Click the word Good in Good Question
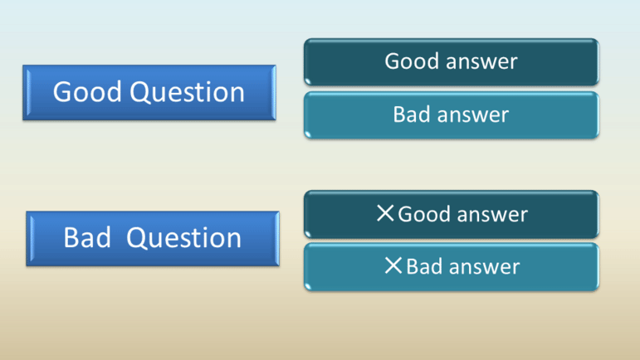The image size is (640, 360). (87, 91)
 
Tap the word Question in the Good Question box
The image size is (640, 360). (188, 92)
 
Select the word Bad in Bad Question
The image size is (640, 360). (87, 237)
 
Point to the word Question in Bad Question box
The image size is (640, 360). (183, 238)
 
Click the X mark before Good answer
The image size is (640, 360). (385, 213)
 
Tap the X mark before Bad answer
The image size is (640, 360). (393, 265)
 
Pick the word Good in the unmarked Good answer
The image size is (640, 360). (412, 61)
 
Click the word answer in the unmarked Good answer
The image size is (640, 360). (481, 62)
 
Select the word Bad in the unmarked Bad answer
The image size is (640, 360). (412, 114)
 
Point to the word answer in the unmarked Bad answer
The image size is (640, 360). (473, 115)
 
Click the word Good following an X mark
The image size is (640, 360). (424, 214)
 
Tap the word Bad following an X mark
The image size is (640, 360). (424, 266)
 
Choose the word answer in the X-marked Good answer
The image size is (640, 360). (492, 216)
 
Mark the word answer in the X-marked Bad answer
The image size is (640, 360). (485, 268)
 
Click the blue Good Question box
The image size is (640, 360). (149, 93)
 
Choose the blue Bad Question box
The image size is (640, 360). (153, 239)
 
